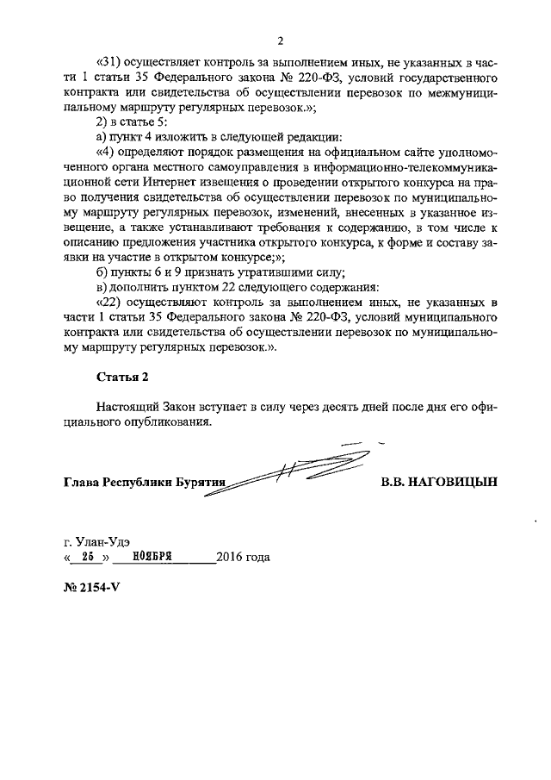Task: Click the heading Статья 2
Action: (x=120, y=375)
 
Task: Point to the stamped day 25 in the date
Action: (x=86, y=557)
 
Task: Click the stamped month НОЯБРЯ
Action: (x=143, y=557)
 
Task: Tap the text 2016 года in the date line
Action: (x=244, y=557)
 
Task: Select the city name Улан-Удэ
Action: (x=102, y=541)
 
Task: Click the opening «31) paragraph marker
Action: (x=111, y=61)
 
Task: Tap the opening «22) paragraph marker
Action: (x=111, y=303)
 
